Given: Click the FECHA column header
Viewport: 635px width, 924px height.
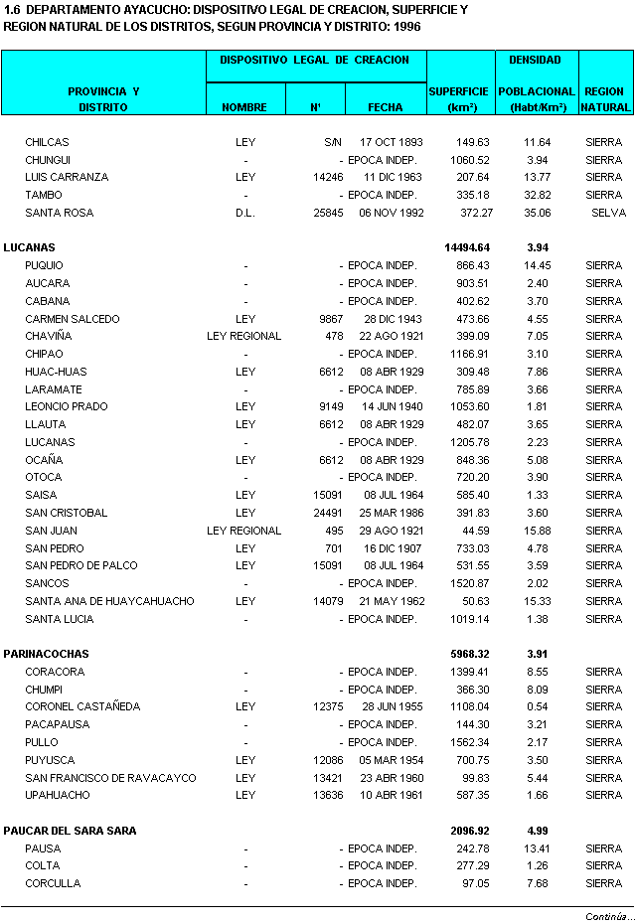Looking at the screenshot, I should (386, 106).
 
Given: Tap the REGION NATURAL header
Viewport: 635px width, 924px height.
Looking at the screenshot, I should (604, 98).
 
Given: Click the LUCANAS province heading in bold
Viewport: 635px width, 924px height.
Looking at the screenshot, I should (30, 247).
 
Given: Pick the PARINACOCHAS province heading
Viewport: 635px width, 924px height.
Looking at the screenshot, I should (46, 654).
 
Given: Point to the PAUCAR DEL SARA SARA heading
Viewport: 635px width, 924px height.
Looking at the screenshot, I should (70, 831).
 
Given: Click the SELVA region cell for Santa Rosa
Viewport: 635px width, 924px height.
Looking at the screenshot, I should (608, 213).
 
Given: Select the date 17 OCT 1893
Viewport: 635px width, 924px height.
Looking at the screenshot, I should (392, 142).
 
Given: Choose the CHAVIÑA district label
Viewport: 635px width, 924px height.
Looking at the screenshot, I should (49, 336).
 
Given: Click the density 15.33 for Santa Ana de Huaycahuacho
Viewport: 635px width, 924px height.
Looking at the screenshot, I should (537, 601).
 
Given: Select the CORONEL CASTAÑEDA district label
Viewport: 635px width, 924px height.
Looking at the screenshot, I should (82, 706).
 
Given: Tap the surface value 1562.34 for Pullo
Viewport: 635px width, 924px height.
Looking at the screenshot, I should (470, 742).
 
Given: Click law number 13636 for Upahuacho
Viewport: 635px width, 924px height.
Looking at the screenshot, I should (328, 795).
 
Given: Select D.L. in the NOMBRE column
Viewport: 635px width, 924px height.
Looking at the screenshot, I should (245, 213).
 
